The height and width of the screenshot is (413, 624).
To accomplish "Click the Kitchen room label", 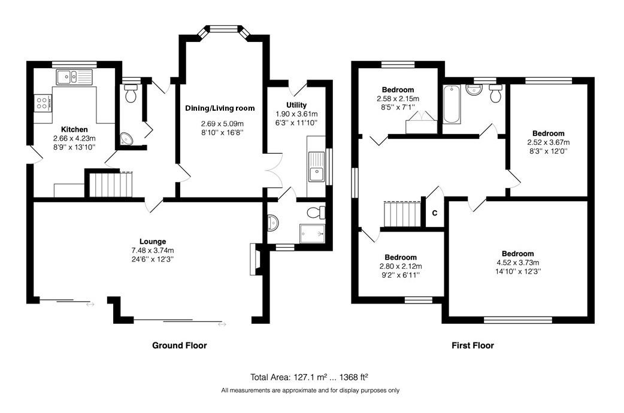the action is tap(74, 129).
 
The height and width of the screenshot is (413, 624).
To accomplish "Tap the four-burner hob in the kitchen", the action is tap(43, 103).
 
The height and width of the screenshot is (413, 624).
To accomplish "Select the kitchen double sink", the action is tap(74, 77).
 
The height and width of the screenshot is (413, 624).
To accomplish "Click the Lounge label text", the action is tap(153, 241).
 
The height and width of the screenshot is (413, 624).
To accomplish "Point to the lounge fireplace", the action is tap(255, 259).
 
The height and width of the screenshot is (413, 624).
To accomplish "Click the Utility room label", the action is tap(296, 105).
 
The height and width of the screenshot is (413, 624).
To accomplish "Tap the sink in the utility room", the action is tap(316, 166).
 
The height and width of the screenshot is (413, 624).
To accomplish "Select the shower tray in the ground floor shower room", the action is tap(313, 233).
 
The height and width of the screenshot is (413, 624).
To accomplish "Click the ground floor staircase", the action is tap(110, 184).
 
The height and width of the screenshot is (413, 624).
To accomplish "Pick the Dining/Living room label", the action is tap(220, 108).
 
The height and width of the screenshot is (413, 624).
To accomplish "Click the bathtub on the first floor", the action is tap(452, 104).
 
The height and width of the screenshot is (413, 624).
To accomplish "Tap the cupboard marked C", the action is tap(435, 213).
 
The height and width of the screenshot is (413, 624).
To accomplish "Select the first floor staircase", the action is tap(402, 214).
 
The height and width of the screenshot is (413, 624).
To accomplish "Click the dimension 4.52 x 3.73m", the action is tap(518, 263).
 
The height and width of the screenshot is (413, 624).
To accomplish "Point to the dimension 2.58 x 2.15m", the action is tap(398, 98).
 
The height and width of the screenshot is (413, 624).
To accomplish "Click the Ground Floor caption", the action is tap(180, 345).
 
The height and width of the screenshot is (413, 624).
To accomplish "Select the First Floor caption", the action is tap(472, 345).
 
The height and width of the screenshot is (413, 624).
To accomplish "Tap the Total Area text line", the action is tap(309, 377).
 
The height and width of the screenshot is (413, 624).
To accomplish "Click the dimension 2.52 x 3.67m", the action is tap(549, 142).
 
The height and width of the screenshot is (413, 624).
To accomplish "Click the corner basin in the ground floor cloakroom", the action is tap(127, 138).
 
